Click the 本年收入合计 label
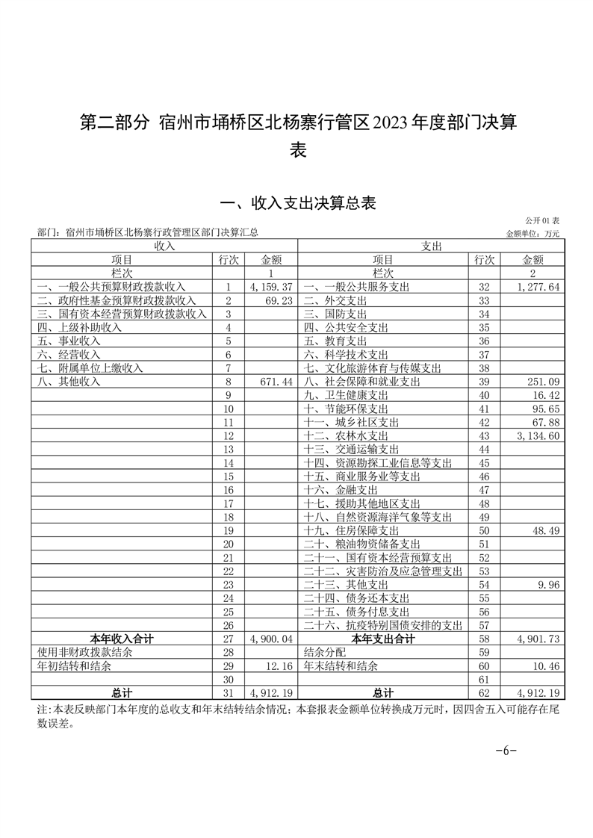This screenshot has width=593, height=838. click(122, 639)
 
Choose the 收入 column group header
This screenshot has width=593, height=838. click(164, 246)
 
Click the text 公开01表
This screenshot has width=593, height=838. click(543, 220)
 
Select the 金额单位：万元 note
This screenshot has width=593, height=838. click(533, 233)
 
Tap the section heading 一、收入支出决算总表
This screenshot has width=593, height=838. click(296, 202)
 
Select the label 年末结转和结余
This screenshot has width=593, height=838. click(341, 665)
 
